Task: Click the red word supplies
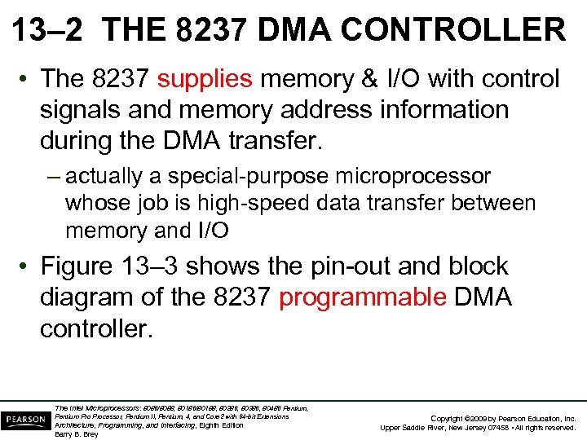[x=205, y=79]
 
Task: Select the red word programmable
[x=362, y=298]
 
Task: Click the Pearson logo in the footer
[x=24, y=420]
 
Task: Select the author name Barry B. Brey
[x=76, y=434]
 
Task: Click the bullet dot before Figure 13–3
[x=25, y=267]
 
